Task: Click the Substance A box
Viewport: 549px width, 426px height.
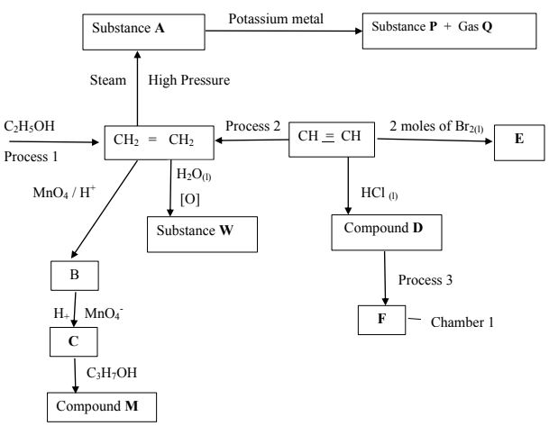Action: [143, 32]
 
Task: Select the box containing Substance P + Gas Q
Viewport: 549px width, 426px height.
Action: [449, 31]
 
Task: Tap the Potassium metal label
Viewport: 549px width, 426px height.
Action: [276, 19]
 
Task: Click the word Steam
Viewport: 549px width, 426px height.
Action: [108, 80]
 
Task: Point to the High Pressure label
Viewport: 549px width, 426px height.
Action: [189, 80]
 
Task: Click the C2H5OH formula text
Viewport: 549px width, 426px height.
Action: [30, 126]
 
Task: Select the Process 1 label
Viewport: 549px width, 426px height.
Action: [31, 157]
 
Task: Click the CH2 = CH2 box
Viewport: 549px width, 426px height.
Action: [160, 142]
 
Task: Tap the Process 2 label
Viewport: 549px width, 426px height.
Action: [252, 126]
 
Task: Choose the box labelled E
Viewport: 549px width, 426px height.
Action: [519, 142]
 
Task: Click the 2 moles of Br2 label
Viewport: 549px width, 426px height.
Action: [436, 127]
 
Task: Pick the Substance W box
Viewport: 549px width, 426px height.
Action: [202, 234]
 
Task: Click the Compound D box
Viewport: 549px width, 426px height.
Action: [387, 232]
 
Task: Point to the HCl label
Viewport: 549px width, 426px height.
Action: [380, 194]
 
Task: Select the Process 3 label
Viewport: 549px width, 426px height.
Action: [425, 280]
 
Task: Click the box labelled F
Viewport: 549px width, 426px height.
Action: [381, 320]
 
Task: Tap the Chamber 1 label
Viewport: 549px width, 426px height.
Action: [462, 322]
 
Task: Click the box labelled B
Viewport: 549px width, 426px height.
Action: [75, 276]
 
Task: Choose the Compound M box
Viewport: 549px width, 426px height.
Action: [102, 407]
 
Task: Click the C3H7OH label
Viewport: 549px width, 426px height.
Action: [112, 373]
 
